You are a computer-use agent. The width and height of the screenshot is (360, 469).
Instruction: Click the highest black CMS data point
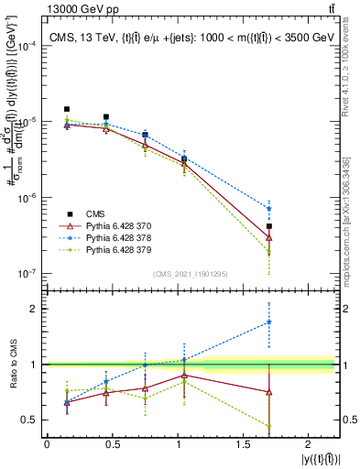(x=67, y=109)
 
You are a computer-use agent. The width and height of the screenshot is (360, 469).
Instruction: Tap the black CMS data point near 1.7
(x=269, y=226)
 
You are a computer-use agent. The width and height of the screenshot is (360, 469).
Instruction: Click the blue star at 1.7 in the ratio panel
(x=269, y=322)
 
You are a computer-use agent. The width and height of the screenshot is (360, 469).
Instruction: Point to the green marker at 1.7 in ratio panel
(x=269, y=426)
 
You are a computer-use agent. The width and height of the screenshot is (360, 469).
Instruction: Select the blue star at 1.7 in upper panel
(x=269, y=208)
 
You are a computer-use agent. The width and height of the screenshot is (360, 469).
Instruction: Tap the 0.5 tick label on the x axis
(x=113, y=445)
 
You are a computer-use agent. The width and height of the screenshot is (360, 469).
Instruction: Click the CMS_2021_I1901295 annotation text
(x=190, y=274)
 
